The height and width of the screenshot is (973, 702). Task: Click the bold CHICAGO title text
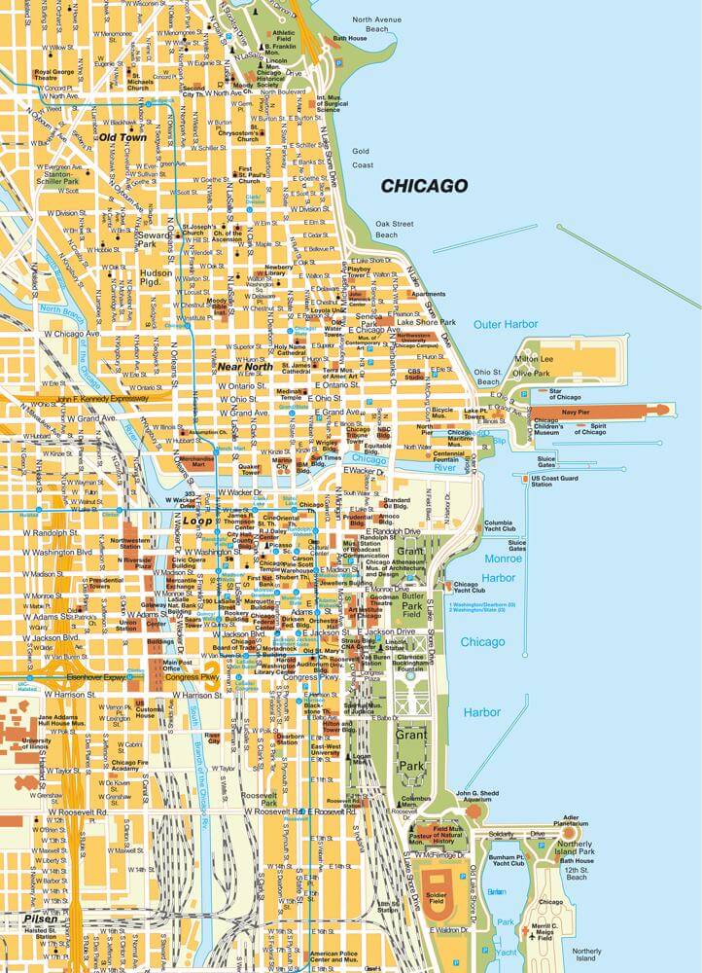424,185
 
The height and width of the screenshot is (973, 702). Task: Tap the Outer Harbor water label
506,324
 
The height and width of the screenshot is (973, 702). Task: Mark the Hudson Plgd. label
156,279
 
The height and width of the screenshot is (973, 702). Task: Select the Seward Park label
153,239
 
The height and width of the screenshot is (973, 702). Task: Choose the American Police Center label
338,956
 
